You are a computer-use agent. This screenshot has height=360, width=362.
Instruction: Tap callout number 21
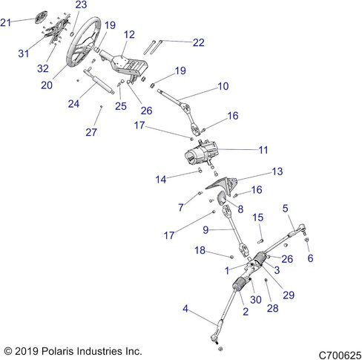(6, 22)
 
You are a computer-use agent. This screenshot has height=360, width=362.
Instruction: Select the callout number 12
(129, 34)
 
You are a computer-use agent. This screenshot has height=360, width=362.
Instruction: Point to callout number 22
(199, 42)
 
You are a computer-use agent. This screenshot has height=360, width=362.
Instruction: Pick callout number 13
(277, 171)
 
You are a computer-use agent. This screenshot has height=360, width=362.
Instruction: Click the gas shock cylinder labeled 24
(99, 82)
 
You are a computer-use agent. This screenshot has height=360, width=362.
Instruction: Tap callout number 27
(91, 132)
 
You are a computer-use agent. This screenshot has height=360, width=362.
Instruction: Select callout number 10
(223, 86)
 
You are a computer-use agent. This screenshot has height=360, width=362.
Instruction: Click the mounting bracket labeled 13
(223, 185)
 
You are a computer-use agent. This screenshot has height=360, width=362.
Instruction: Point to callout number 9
(205, 230)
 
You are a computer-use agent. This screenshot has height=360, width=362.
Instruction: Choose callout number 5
(286, 209)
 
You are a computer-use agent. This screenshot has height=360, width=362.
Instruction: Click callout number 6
(310, 258)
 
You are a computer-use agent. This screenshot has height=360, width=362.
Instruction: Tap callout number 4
(185, 309)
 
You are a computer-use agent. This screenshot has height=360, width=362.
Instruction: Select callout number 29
(289, 295)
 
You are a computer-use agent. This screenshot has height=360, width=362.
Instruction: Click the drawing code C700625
(340, 356)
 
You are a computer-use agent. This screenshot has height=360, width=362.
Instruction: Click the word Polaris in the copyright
(58, 351)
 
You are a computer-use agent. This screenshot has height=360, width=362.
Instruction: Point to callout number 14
(161, 180)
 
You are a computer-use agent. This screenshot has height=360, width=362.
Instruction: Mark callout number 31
(24, 53)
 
